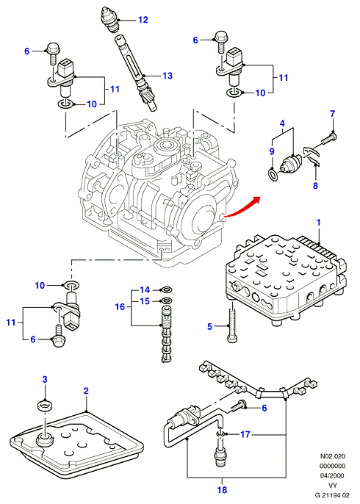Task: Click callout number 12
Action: point(143,20)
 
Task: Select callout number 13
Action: point(168,76)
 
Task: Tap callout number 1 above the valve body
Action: point(319,223)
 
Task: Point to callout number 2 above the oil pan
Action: point(86,391)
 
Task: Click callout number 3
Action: point(45,379)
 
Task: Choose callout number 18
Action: point(222,489)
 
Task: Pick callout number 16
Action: point(120,306)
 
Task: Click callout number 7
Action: point(333,114)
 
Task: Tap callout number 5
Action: point(210,327)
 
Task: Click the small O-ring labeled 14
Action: point(166,289)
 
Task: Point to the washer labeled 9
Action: point(273,175)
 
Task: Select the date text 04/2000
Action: point(333,475)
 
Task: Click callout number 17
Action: point(245,435)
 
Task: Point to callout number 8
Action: point(315,185)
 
